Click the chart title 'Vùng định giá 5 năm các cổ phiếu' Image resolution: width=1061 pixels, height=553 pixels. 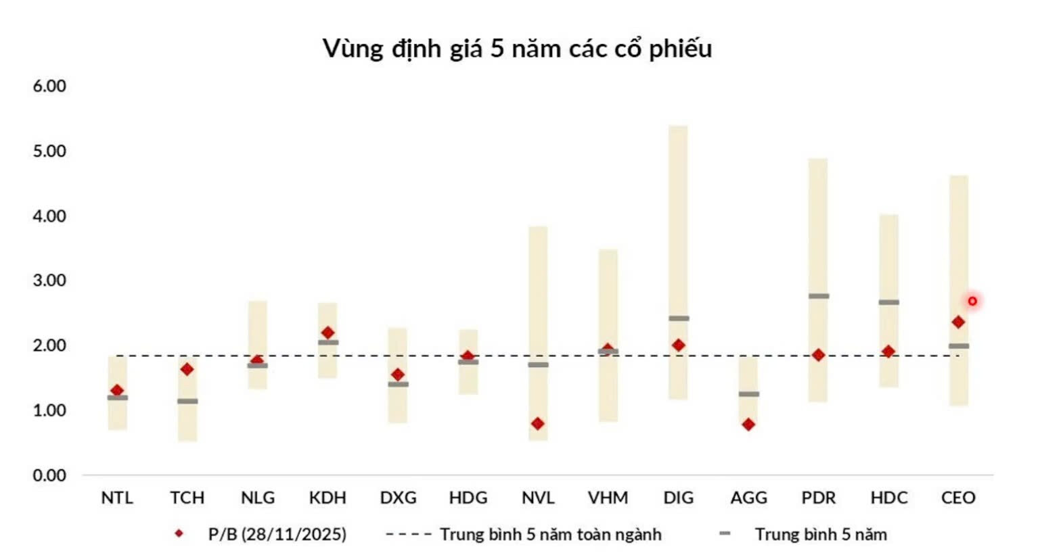click(x=517, y=49)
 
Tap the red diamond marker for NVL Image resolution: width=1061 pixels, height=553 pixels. click(x=537, y=424)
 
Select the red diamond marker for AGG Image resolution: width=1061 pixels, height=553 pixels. click(x=748, y=425)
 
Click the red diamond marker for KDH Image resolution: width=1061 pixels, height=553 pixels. click(x=328, y=333)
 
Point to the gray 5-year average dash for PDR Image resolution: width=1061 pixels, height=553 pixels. click(x=818, y=296)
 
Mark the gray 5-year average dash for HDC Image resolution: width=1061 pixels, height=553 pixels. click(x=888, y=302)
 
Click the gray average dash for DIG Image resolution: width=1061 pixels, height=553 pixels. click(x=679, y=318)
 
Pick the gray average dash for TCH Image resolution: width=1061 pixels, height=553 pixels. click(x=187, y=402)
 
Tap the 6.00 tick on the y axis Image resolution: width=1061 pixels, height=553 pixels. click(x=49, y=87)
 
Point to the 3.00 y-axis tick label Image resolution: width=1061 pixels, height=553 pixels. click(x=49, y=281)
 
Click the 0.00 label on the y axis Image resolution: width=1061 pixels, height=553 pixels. click(x=49, y=476)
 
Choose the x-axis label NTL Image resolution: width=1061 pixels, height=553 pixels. click(x=117, y=498)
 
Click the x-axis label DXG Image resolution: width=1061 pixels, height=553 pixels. click(x=398, y=498)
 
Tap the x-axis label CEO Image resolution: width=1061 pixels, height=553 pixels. click(x=958, y=498)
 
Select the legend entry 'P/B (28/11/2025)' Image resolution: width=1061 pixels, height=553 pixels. click(x=277, y=535)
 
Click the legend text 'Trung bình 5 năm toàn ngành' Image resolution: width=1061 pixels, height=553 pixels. click(x=550, y=535)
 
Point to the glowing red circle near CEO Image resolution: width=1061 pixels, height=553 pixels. click(x=972, y=301)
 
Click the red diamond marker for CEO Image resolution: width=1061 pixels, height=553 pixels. click(x=958, y=322)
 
